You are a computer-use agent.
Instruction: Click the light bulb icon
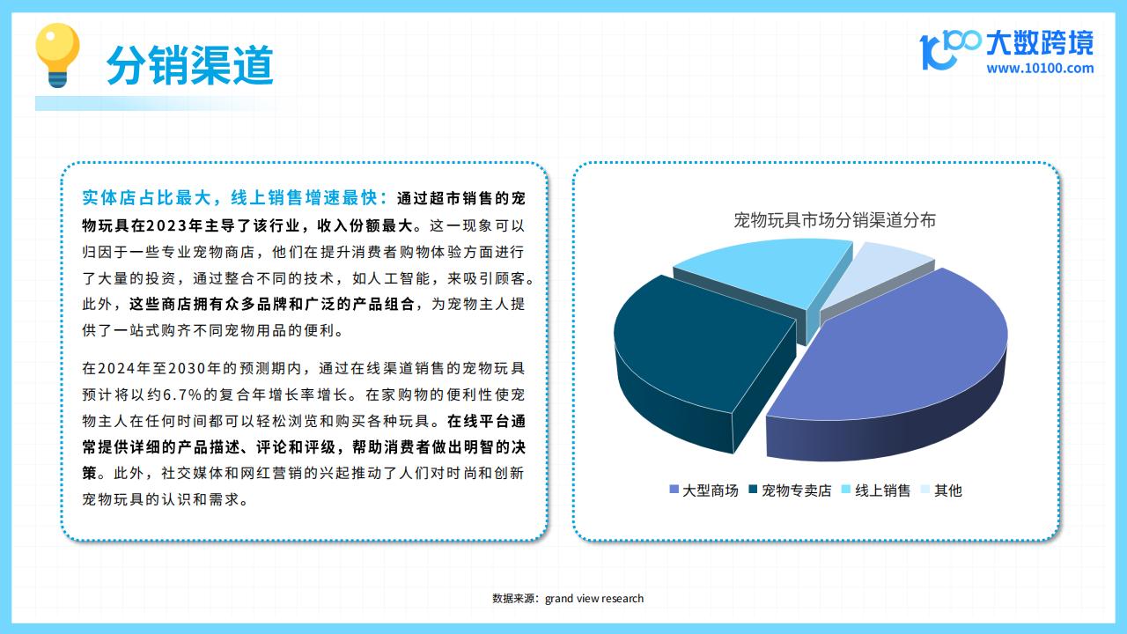(x=57, y=55)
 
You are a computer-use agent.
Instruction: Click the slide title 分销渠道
(x=190, y=65)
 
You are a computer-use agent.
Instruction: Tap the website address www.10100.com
(x=1040, y=69)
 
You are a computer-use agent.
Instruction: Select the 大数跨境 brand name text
(x=1040, y=43)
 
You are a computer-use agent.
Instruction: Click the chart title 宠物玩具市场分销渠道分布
(x=835, y=220)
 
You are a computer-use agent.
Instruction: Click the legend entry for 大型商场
(x=703, y=490)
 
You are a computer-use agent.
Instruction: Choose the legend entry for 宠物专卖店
(x=791, y=490)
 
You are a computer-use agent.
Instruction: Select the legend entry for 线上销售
(x=876, y=490)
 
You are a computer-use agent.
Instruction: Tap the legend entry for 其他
(x=941, y=490)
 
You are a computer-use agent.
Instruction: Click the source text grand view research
(x=594, y=598)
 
